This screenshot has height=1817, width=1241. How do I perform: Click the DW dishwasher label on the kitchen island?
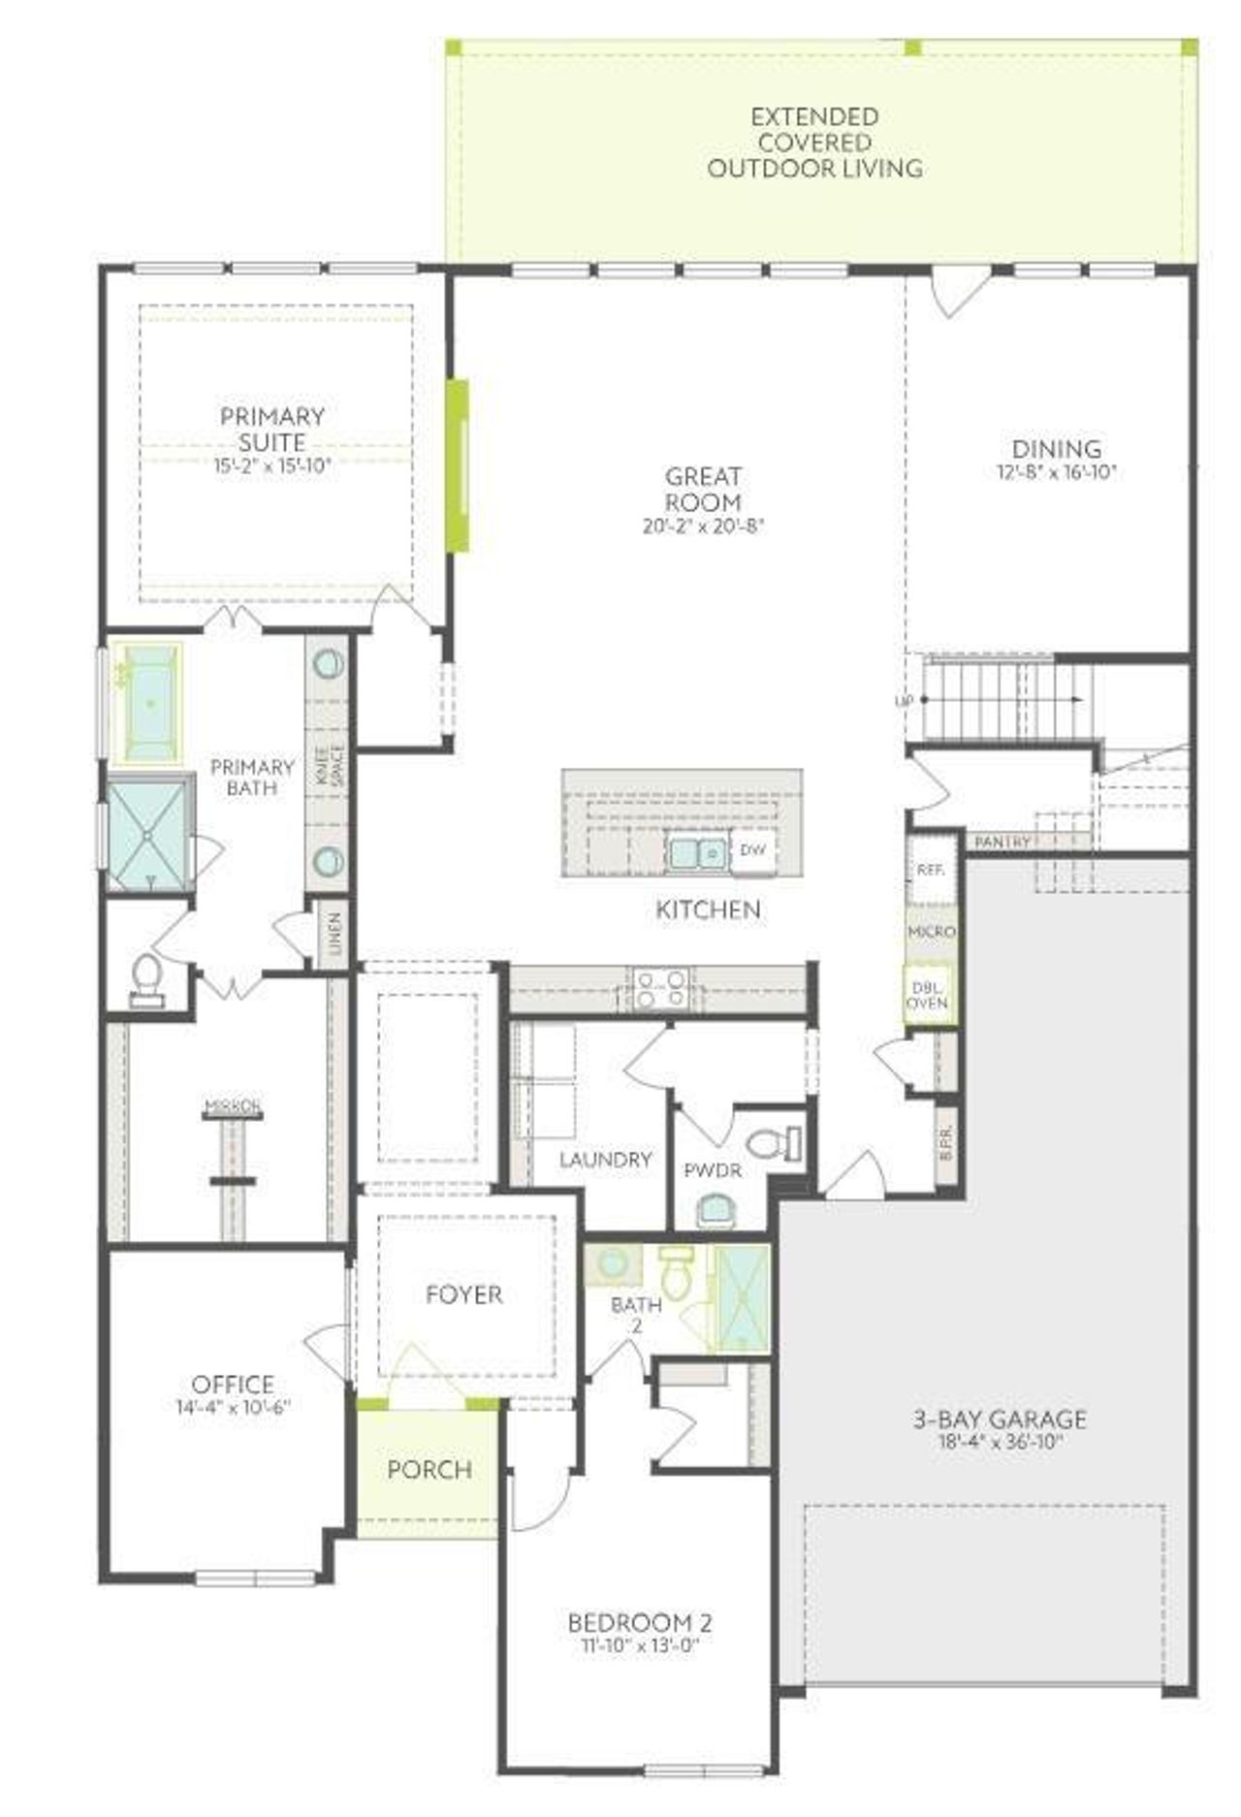point(752,850)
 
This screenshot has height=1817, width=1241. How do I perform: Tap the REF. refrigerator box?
point(930,870)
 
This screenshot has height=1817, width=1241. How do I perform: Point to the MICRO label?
point(932,932)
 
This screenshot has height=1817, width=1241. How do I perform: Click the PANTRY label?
point(1003,842)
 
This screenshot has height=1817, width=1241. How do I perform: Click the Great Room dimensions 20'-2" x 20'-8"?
point(704,527)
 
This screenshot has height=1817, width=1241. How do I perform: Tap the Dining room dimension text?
point(1057,473)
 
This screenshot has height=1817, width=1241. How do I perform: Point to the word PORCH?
point(430,1470)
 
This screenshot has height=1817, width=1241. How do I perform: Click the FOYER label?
point(464,1294)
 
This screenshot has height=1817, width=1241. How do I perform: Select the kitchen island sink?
point(696,853)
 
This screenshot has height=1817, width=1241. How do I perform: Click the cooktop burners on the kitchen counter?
point(661,987)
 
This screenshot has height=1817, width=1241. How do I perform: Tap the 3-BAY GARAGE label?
point(1000,1419)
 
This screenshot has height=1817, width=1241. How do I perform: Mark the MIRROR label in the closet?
point(233,1105)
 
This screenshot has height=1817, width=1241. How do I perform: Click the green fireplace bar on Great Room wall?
point(458,465)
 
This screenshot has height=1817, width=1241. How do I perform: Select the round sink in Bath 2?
point(612,1264)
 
